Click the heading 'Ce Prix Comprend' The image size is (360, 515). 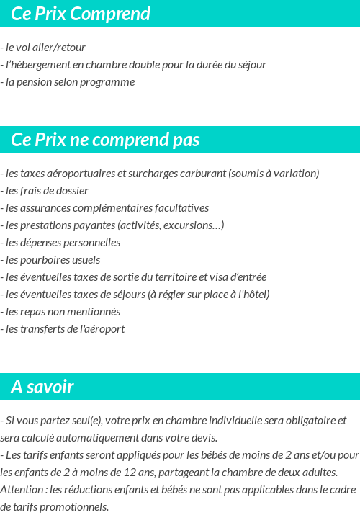(81, 14)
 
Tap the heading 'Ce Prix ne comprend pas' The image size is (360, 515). (105, 140)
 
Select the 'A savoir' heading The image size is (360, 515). (42, 388)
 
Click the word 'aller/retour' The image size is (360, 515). (60, 48)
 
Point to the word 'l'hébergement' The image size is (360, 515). (37, 65)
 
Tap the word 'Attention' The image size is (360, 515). (22, 489)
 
